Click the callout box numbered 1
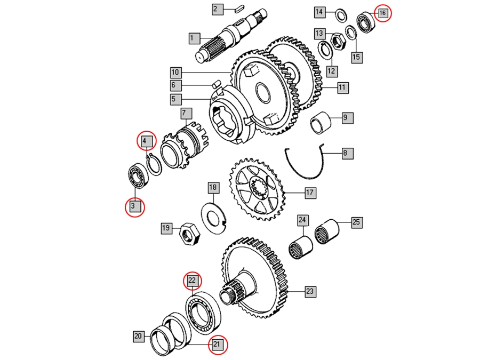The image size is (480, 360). pos(193,38)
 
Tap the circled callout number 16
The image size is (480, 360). pos(382,12)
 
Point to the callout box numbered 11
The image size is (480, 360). pos(342,87)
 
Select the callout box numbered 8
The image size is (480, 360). pos(345,153)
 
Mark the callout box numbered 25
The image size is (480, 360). pos(356,222)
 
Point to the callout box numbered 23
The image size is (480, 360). pos(310,291)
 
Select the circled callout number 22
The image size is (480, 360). pos(192,279)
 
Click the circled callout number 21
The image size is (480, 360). pos(217,345)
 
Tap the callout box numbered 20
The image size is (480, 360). pos(138,336)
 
